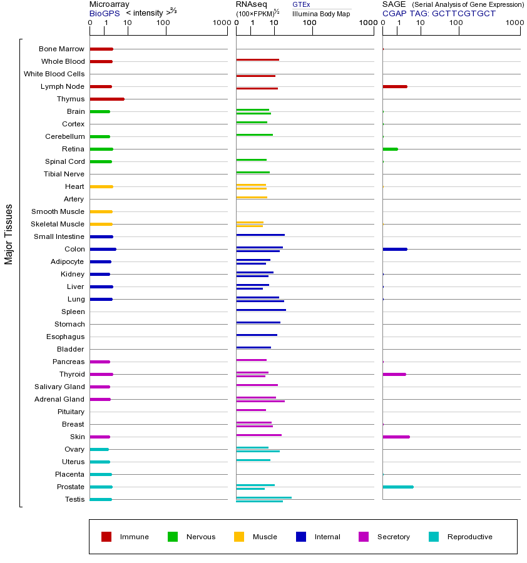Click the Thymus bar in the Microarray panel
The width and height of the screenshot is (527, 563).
107,99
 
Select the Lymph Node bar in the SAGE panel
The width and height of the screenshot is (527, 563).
395,86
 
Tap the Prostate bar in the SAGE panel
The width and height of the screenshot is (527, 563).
398,487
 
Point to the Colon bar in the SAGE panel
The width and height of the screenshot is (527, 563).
395,249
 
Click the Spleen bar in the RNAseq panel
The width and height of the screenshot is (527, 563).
261,310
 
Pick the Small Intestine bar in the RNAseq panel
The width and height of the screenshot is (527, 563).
260,235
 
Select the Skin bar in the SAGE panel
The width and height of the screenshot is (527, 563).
396,437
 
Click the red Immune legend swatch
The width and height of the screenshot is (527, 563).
106,537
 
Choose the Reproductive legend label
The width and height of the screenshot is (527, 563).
469,537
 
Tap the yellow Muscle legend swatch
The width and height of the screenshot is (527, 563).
239,537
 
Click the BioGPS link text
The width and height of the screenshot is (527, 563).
103,13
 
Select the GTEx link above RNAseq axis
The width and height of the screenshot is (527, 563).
301,4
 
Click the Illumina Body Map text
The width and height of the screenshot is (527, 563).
321,14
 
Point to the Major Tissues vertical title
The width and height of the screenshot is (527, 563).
9,234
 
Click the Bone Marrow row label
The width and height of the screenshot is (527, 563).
61,49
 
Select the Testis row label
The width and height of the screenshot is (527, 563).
74,499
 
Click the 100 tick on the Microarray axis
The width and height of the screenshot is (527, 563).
163,24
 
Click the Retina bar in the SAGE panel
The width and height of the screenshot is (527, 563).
390,149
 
